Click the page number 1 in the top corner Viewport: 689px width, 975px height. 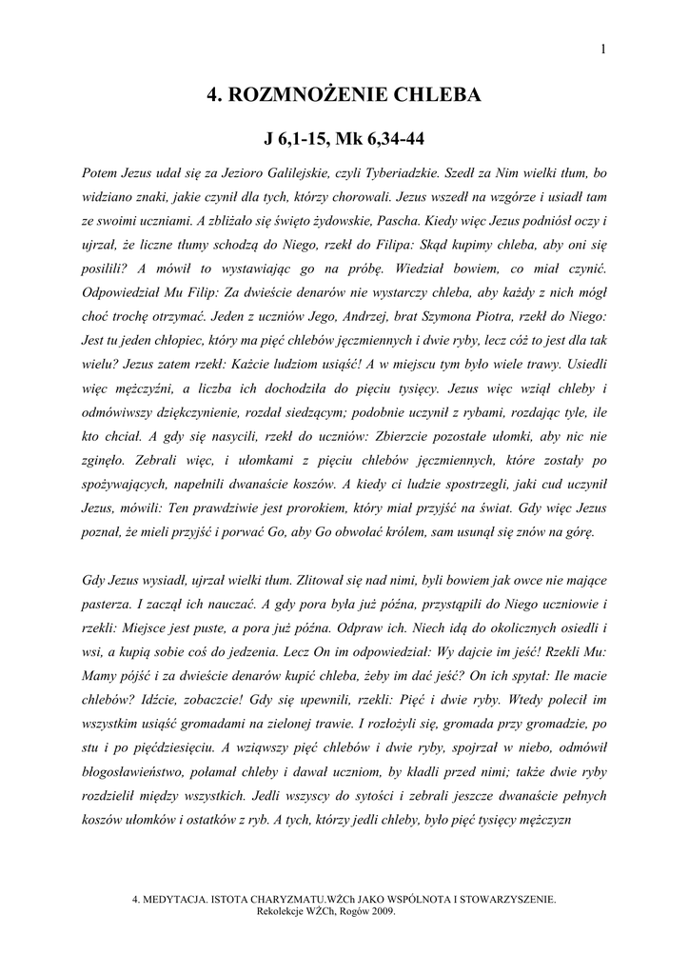click(603, 50)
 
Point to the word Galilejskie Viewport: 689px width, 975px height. click(291, 174)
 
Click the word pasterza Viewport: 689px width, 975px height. click(109, 604)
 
